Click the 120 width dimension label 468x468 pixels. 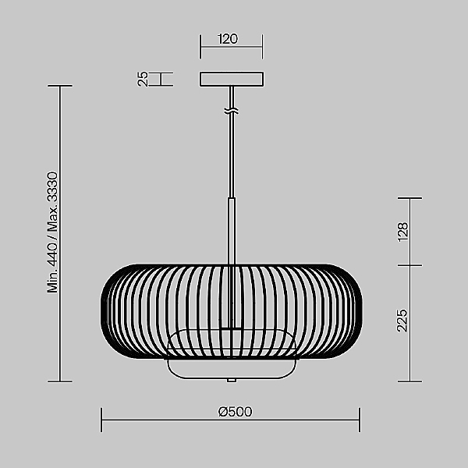228,39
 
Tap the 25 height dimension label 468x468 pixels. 144,79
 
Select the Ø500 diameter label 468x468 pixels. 236,412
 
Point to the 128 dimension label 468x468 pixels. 402,232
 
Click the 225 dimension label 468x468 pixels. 402,321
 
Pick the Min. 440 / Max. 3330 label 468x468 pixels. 52,232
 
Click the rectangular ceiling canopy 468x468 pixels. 232,79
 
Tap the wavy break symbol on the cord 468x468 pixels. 232,111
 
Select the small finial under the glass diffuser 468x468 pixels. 232,381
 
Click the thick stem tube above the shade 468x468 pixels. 232,231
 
